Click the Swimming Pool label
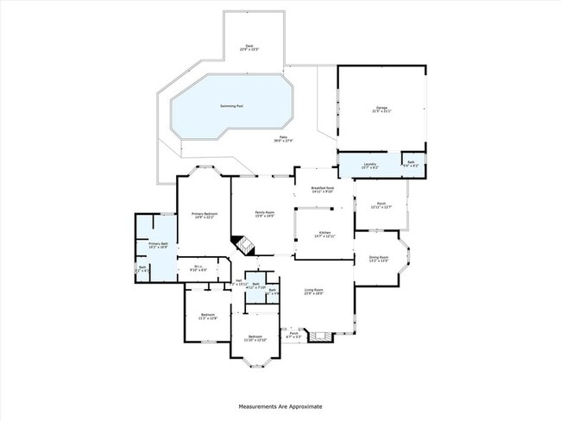(x=231, y=106)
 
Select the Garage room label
(x=381, y=109)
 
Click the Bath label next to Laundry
(x=412, y=162)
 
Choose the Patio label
(x=283, y=138)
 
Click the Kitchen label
(x=325, y=233)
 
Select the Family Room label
(x=264, y=213)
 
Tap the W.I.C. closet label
(x=198, y=267)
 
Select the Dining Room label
(x=379, y=257)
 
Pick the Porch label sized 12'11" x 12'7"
(x=381, y=204)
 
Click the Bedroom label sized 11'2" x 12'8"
(x=207, y=316)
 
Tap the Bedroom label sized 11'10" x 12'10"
(x=255, y=337)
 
